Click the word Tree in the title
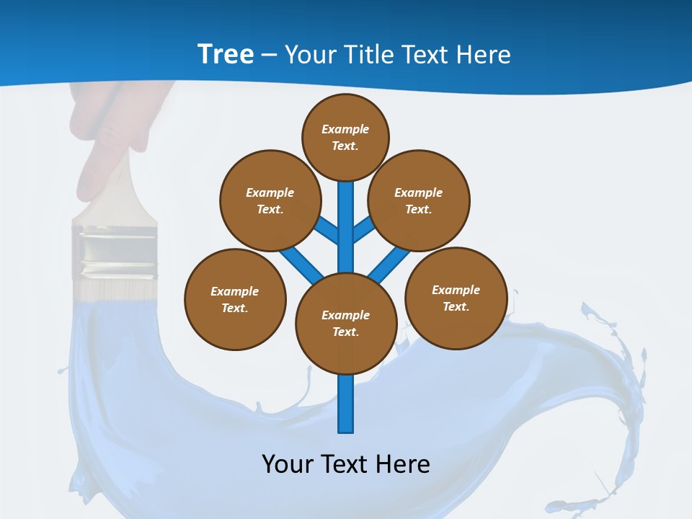pos(226,55)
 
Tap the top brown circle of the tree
pos(345,137)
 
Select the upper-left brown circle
pos(270,200)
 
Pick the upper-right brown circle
pos(418,200)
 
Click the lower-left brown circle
pos(235,299)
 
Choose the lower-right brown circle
pos(456,298)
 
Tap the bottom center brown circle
pos(346,324)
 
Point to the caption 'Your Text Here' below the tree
pos(346,463)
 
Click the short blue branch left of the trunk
pos(327,229)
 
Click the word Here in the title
pos(484,55)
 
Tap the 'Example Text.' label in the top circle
pos(345,137)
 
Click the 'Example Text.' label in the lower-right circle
pos(456,298)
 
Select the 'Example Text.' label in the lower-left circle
pos(235,299)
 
